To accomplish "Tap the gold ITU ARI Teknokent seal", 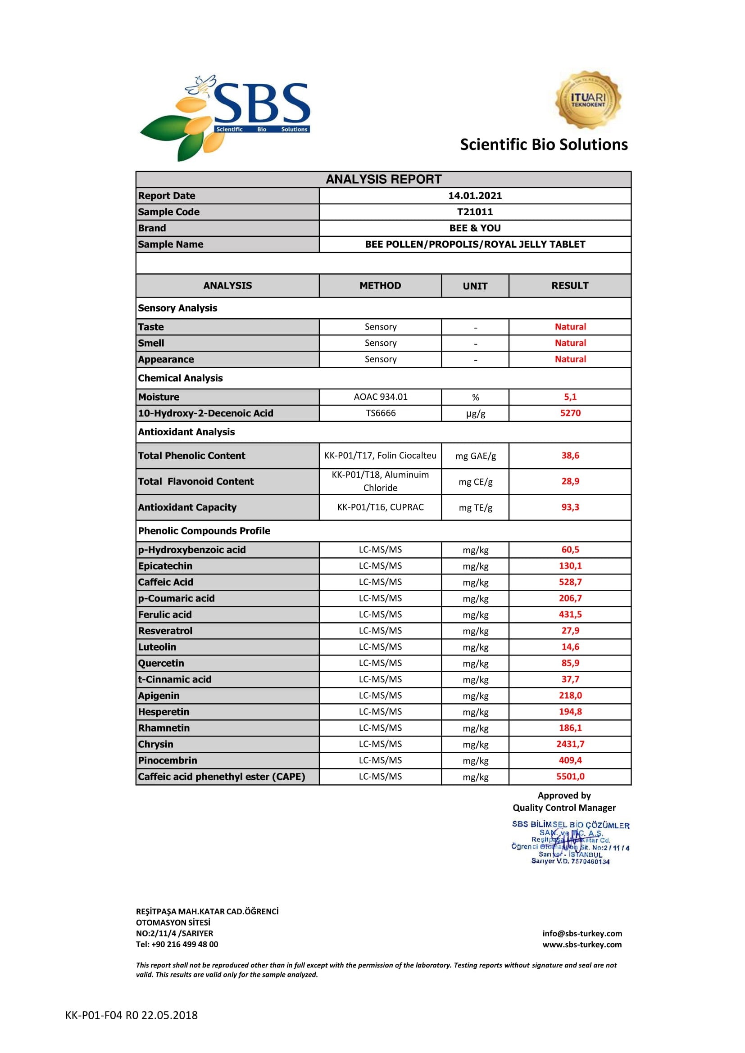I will coord(588,100).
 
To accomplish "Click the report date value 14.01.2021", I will coord(475,196).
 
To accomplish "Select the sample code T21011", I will coord(475,212).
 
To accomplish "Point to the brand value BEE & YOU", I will coord(475,228).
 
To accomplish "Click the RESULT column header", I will coord(570,286).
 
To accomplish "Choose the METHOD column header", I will coord(380,286).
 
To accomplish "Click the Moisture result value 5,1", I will coord(570,397).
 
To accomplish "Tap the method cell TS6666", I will coord(380,413).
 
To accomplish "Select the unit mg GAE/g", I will coord(475,456).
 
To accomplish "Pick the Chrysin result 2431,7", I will coord(570,744).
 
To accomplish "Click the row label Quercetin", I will coord(161,663).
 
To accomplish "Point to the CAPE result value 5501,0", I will coord(570,777).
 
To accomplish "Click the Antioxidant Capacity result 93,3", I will coord(570,507).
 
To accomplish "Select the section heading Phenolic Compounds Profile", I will coord(204,531).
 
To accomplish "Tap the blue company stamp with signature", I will coord(570,843).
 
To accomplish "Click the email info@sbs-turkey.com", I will coord(582,933).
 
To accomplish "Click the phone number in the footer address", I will coord(177,945).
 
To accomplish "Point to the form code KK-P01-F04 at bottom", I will coord(131,1015).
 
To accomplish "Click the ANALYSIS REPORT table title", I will coord(383,179).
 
